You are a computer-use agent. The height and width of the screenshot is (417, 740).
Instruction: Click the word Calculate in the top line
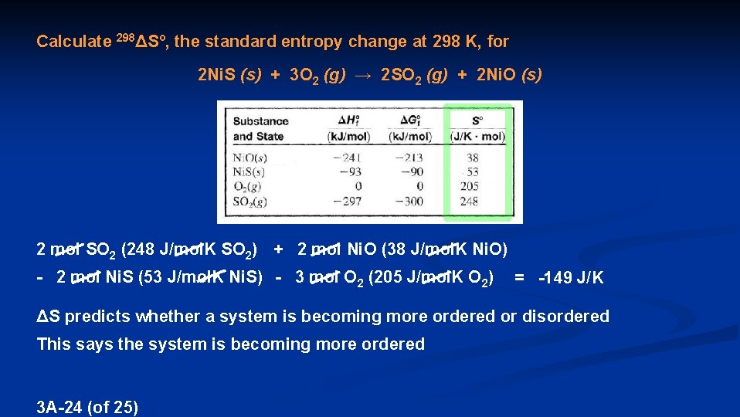click(73, 42)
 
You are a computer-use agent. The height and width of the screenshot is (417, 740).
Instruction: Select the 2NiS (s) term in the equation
click(229, 76)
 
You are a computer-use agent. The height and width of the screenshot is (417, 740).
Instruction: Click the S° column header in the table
click(477, 128)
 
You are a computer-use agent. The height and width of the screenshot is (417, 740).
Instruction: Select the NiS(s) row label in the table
click(249, 172)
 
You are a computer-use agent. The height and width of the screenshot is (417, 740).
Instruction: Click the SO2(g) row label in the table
click(249, 202)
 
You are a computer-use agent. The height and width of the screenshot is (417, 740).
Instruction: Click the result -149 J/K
click(571, 279)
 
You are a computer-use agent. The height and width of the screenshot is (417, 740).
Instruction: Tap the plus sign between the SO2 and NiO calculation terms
click(280, 249)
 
